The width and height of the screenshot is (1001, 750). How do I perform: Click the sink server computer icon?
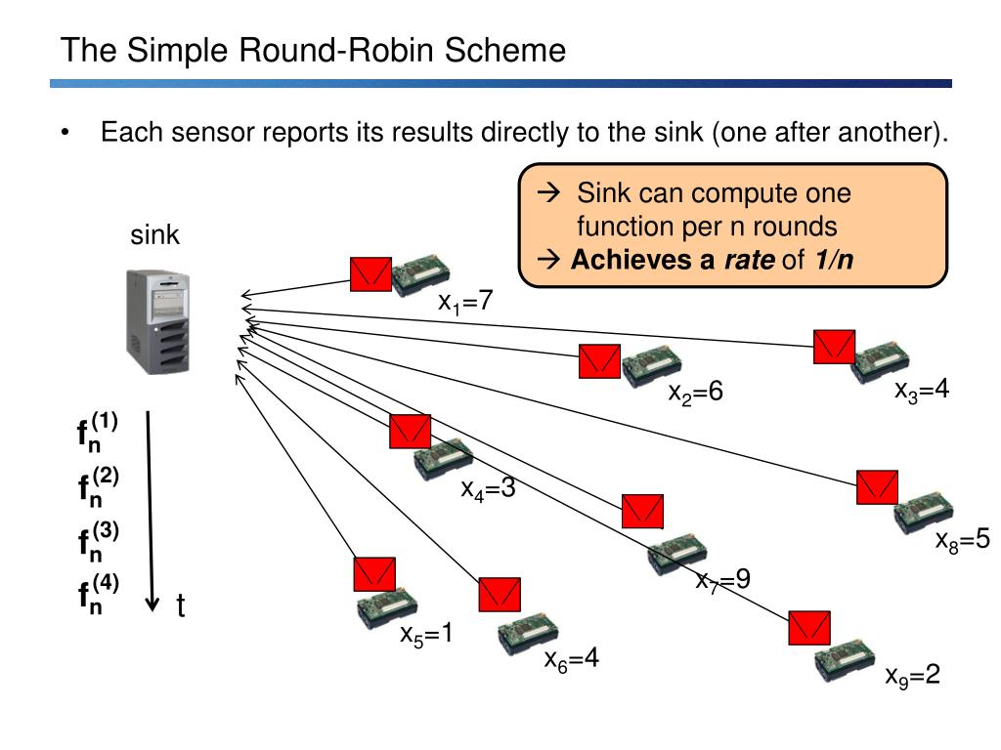tap(157, 321)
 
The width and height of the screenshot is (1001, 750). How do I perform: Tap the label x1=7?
tap(465, 301)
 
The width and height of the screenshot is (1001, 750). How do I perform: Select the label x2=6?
tap(695, 391)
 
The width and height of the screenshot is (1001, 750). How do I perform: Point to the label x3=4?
tap(921, 390)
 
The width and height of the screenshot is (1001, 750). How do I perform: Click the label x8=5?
tap(962, 540)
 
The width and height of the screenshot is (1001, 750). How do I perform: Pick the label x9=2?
tap(912, 676)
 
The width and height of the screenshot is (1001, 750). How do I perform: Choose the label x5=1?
tap(426, 634)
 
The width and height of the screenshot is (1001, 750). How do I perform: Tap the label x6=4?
tap(571, 659)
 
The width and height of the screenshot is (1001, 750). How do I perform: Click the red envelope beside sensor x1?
tap(370, 274)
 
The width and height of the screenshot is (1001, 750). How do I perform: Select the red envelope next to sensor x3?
tap(835, 347)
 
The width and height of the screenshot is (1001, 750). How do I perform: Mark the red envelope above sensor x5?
tap(374, 574)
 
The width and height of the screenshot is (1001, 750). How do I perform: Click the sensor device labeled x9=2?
tap(845, 659)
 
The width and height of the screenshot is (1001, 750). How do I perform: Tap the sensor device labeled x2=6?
tap(652, 365)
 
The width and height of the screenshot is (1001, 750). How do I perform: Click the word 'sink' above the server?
tap(154, 234)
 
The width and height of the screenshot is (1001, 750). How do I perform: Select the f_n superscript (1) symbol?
tap(97, 432)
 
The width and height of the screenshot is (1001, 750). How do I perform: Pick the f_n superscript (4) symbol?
tap(98, 594)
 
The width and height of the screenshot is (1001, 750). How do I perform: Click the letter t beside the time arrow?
tap(181, 605)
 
